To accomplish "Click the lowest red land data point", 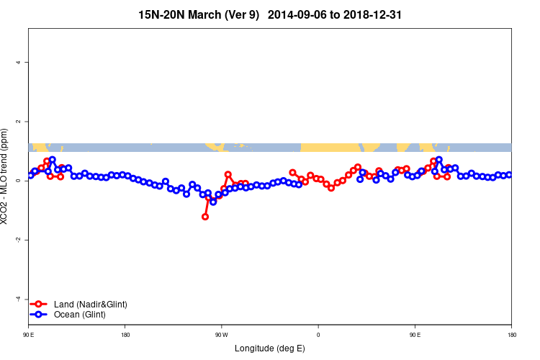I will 205,217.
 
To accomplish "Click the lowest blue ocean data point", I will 213,202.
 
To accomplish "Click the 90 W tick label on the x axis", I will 221,335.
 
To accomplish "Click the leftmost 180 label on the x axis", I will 125,335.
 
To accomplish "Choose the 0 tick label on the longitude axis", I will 318,335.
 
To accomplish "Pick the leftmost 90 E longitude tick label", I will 29,335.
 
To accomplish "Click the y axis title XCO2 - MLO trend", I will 6,181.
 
